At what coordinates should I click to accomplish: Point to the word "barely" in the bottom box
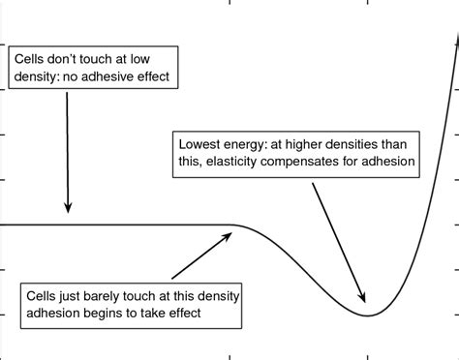pyautogui.click(x=114, y=292)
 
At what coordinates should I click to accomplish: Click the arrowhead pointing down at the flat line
pyautogui.click(x=68, y=206)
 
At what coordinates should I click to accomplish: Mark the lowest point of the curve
pyautogui.click(x=369, y=315)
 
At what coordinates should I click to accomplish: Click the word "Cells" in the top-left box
pyautogui.click(x=30, y=57)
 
